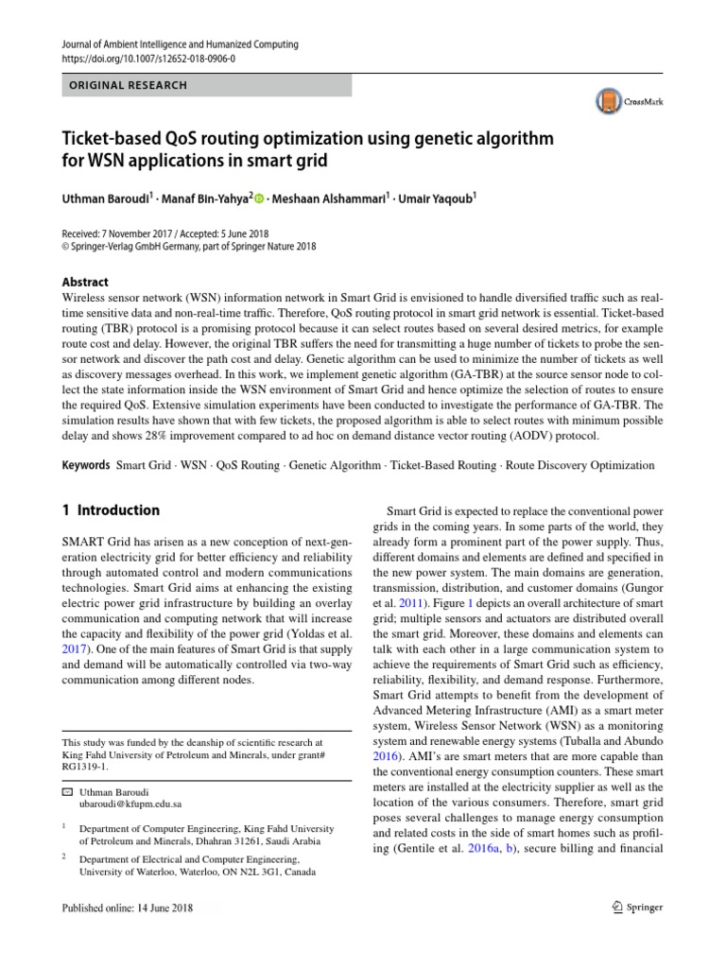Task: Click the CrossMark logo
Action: [x=628, y=99]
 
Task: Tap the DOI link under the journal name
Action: [x=148, y=58]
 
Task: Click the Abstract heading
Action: [x=84, y=282]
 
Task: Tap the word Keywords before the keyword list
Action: [x=85, y=466]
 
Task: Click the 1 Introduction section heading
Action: [x=111, y=510]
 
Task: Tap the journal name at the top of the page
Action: [x=179, y=43]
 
